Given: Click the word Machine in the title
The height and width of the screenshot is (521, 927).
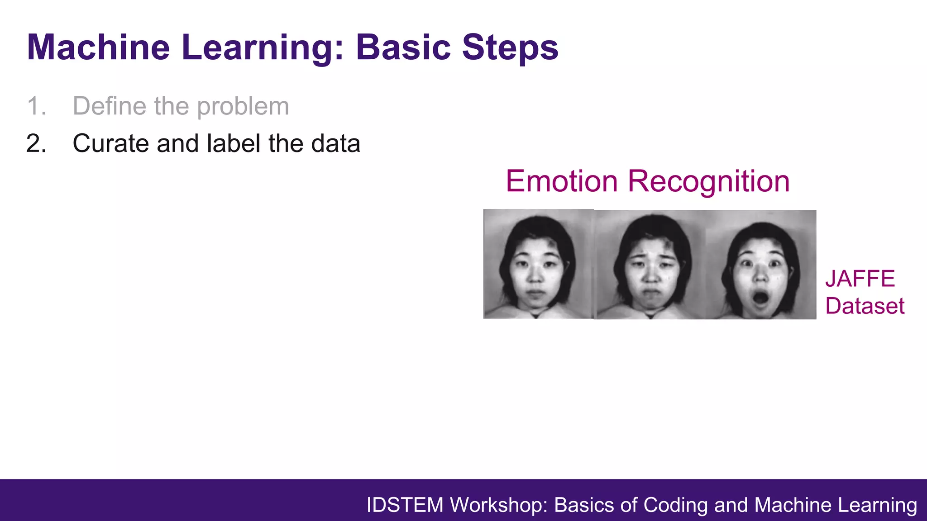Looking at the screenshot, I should [x=98, y=47].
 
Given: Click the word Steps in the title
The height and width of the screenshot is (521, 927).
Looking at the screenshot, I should [x=510, y=47].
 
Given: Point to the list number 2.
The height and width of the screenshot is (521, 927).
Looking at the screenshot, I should [x=36, y=144].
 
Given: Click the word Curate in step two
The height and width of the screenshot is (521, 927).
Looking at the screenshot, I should [x=110, y=144].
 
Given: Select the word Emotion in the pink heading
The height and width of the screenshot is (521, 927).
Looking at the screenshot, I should [x=561, y=181].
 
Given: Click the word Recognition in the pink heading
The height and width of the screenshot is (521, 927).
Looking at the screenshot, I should [x=708, y=181].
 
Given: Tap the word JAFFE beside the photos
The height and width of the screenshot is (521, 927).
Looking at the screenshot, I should [x=860, y=279].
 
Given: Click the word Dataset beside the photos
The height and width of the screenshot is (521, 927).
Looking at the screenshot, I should [x=864, y=306].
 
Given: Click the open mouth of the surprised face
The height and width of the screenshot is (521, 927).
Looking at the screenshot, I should [x=760, y=298].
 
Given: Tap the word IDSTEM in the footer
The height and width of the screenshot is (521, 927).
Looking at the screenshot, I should [x=405, y=505].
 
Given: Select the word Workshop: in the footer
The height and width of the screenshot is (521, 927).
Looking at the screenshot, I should [x=499, y=505].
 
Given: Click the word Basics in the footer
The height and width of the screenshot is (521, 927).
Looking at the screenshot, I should [x=584, y=505].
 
